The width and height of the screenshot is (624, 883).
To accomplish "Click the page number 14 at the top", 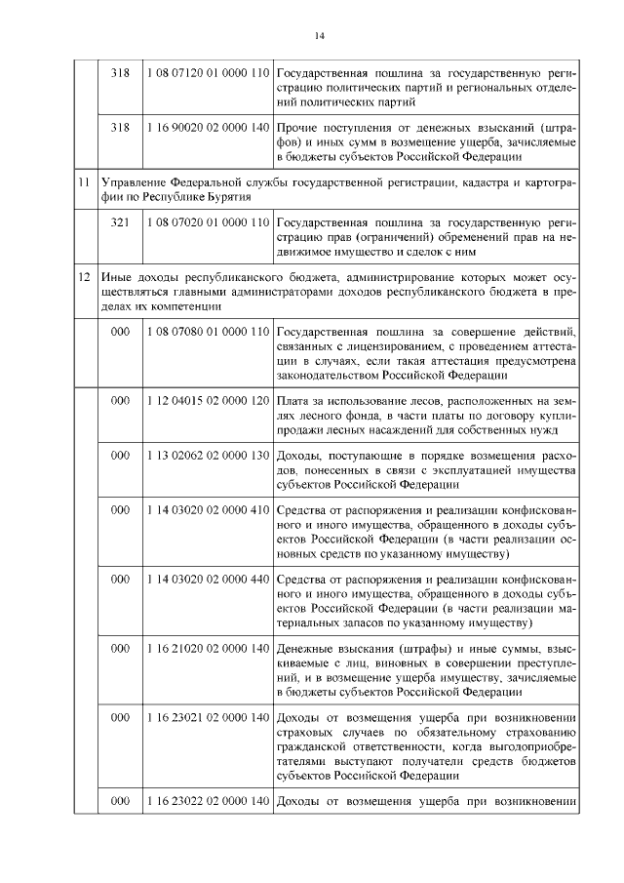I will click(x=319, y=36).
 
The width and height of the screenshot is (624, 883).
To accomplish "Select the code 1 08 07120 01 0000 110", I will click(x=207, y=73).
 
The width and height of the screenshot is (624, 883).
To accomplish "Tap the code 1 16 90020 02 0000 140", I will click(x=207, y=128).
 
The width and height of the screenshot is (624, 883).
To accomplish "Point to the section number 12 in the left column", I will click(x=85, y=278).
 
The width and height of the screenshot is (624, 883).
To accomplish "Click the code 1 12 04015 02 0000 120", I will click(x=207, y=401).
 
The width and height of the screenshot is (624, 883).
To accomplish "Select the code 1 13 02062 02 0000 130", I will click(x=207, y=456).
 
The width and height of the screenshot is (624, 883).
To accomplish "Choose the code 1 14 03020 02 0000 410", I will click(x=207, y=510).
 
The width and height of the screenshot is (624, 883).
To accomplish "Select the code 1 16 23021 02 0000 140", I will click(x=207, y=718).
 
